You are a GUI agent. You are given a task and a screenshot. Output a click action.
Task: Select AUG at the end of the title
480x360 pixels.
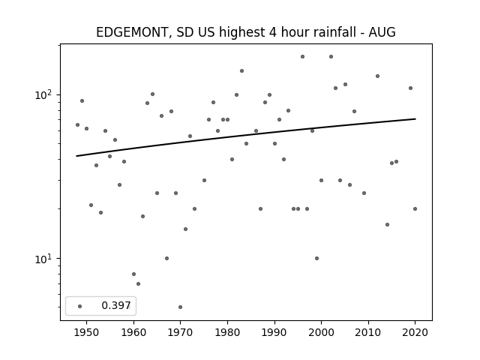click(x=382, y=32)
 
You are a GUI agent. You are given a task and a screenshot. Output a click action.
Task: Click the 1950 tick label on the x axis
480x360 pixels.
click(x=87, y=332)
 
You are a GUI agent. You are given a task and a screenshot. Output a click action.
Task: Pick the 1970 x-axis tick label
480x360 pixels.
click(x=181, y=332)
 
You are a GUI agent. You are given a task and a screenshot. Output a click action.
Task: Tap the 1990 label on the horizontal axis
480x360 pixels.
click(x=274, y=332)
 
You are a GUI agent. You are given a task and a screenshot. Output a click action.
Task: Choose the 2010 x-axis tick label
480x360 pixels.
click(x=368, y=332)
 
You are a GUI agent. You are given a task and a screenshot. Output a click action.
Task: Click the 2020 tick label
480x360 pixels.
click(x=415, y=332)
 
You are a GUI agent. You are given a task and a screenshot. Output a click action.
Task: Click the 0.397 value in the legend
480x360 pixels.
click(x=116, y=305)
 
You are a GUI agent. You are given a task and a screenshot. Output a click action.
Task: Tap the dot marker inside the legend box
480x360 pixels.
click(x=80, y=306)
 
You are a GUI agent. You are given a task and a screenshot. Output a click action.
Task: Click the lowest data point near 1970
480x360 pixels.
click(x=180, y=307)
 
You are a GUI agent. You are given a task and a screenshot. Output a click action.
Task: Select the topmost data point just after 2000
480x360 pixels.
click(x=331, y=57)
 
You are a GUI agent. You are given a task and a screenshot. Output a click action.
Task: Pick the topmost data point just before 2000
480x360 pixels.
click(x=302, y=57)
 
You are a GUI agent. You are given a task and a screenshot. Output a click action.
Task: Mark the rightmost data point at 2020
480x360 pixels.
click(x=415, y=208)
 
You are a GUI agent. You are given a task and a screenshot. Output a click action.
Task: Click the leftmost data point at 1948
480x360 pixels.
click(x=77, y=125)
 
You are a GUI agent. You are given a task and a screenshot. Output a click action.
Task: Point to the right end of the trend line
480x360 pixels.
click(x=415, y=118)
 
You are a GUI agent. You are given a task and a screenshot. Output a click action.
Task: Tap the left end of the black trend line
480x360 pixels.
click(x=76, y=156)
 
